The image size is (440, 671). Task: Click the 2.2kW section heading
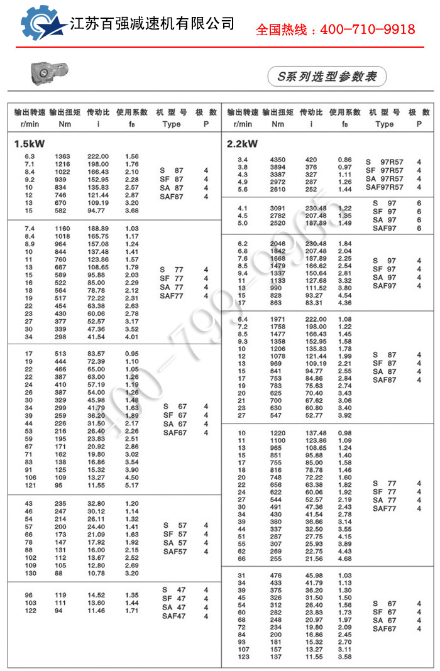pyautogui.click(x=242, y=143)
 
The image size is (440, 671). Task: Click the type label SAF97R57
pyautogui.click(x=385, y=187)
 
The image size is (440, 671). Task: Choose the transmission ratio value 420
pyautogui.click(x=311, y=160)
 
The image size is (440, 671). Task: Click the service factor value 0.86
pyautogui.click(x=345, y=160)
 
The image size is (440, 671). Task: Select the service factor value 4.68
pyautogui.click(x=345, y=559)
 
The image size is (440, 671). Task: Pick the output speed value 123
pyautogui.click(x=243, y=657)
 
